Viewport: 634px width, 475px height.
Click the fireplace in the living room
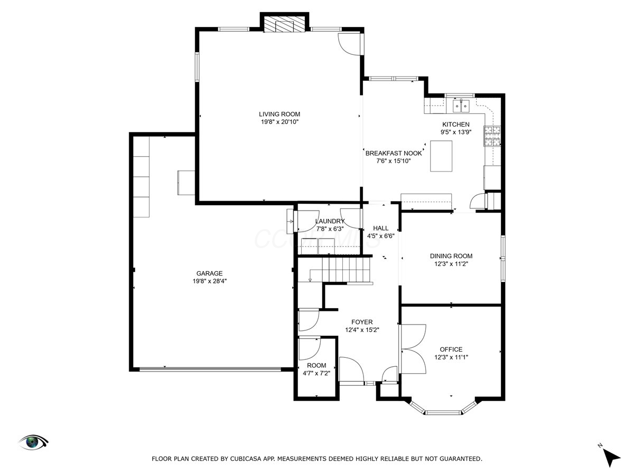285,24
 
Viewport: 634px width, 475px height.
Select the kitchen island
441,156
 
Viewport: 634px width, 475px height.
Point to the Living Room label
279,114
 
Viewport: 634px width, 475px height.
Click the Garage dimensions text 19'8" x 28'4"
209,281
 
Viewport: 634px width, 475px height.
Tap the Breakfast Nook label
394,153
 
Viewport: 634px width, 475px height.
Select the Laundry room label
330,221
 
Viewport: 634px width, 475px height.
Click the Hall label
380,228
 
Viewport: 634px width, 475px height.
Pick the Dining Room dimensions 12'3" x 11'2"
451,263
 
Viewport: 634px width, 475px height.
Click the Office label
451,349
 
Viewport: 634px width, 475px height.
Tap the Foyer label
362,322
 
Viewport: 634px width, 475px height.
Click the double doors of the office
413,349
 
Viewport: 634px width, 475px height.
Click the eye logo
33,442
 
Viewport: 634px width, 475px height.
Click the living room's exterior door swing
349,44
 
